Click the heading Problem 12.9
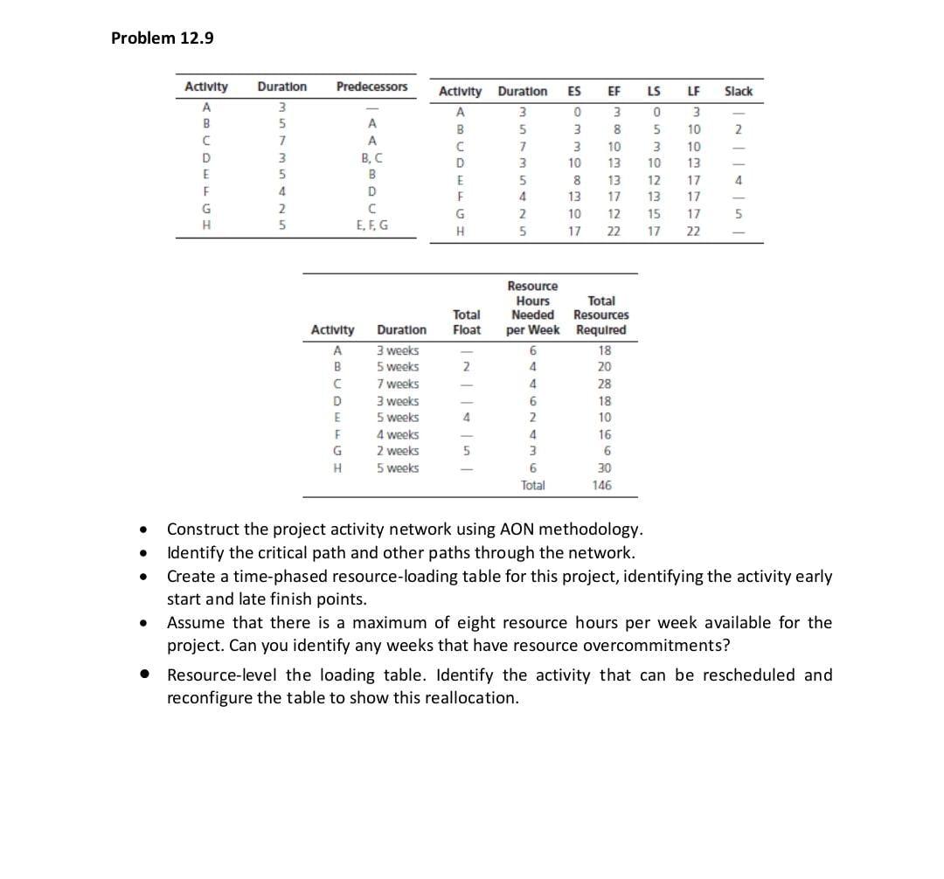[163, 38]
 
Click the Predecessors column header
[372, 87]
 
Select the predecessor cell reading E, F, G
[372, 224]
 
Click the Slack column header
[738, 91]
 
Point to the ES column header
[574, 91]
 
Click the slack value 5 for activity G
[738, 214]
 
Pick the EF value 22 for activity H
[614, 232]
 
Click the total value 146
[601, 485]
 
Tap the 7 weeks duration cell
[398, 384]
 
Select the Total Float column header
[467, 322]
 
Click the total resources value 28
[601, 384]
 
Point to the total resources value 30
[601, 468]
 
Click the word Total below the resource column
[532, 485]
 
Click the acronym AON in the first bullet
[517, 529]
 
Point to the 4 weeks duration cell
[398, 434]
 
